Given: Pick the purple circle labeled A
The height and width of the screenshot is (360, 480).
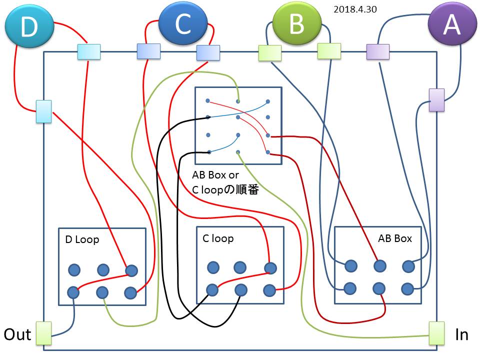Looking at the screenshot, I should [x=452, y=25].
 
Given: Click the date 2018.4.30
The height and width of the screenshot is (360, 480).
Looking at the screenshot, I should [x=355, y=9].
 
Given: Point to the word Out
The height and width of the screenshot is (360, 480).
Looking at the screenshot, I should [x=17, y=334].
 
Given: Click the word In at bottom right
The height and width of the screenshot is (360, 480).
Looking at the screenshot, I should [x=461, y=334].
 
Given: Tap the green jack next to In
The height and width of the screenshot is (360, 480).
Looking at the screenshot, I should [x=436, y=333].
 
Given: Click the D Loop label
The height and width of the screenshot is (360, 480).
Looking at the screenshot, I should [x=82, y=239].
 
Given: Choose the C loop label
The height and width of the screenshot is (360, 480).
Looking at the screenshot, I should [x=218, y=238].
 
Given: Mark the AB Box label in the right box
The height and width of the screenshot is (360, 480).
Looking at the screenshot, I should [x=395, y=238].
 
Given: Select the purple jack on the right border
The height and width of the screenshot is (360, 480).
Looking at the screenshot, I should [x=436, y=100].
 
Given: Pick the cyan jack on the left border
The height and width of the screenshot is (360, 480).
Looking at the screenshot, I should [x=43, y=111].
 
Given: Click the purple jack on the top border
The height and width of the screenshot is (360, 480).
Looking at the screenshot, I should [x=377, y=51].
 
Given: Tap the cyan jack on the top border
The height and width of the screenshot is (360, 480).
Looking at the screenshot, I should [x=89, y=52].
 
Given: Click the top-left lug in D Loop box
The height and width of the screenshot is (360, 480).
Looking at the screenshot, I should [x=74, y=270].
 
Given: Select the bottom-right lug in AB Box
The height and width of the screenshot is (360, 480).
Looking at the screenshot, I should [x=407, y=288].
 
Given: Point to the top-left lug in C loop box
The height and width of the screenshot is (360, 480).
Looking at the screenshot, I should [x=213, y=267].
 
